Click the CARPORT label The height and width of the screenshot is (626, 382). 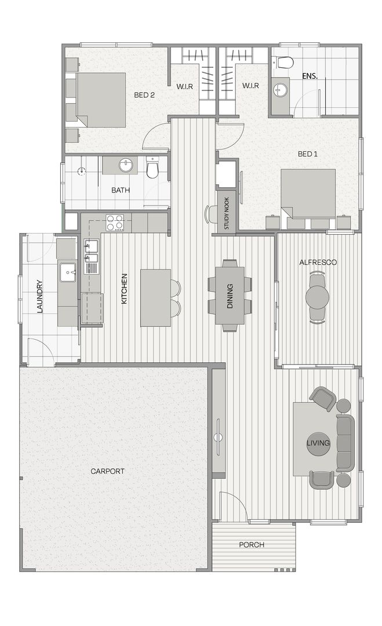click(x=107, y=471)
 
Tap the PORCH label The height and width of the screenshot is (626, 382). click(x=252, y=544)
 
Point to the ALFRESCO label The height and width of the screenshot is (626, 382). click(x=318, y=263)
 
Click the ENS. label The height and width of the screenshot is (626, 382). click(x=310, y=76)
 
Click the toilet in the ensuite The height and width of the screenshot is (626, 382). click(x=284, y=62)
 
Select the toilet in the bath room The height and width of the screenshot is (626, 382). click(x=152, y=168)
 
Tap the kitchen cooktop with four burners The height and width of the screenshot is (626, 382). click(x=115, y=223)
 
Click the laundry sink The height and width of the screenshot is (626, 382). click(x=68, y=272)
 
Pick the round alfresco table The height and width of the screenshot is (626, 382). click(x=318, y=297)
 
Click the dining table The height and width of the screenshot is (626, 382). click(x=230, y=296)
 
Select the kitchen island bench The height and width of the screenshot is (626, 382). click(x=156, y=298)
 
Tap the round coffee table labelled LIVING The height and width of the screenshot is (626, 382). click(x=318, y=443)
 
